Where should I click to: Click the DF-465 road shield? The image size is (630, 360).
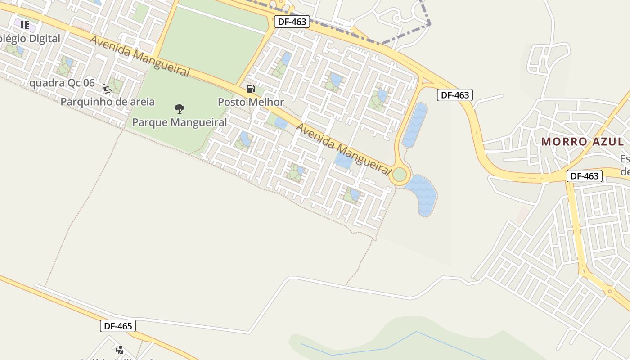117,326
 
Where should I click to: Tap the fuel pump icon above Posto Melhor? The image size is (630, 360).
251,89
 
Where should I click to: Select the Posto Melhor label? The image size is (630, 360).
251,102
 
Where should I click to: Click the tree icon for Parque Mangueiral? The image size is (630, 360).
180,108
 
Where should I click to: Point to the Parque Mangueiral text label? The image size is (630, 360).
180,122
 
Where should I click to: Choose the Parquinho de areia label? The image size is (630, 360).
108,102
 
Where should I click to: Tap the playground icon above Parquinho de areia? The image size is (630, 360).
107,89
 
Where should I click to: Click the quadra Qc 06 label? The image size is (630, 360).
62,83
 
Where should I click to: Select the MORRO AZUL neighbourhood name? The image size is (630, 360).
582,142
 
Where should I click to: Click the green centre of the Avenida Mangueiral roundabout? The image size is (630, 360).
400,175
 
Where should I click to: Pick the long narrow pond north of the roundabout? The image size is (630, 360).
415,125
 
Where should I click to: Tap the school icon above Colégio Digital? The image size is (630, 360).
24,25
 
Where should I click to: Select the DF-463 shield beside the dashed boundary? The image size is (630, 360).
292,21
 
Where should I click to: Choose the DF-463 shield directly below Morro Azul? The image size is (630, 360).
584,176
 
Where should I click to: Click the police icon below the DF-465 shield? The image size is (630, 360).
119,349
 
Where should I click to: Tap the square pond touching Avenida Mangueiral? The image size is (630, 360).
344,161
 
